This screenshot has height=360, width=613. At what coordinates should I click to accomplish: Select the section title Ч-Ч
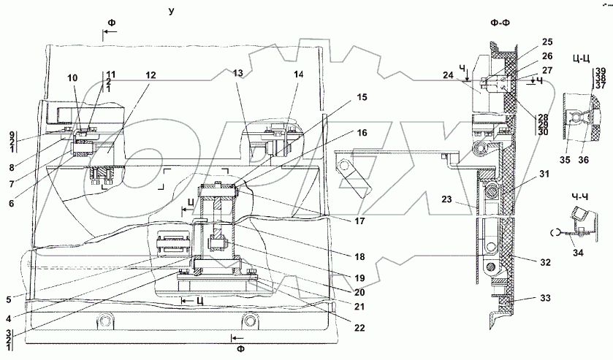coord(582,196)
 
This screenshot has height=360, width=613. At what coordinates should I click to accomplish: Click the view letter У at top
coord(171,11)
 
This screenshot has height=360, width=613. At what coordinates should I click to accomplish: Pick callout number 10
coord(72,77)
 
